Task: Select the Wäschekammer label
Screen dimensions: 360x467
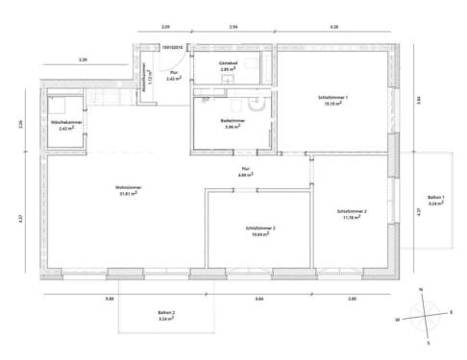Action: [x=65, y=122]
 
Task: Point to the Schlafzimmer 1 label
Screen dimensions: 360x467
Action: [x=333, y=98]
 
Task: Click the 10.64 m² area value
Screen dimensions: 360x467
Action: [x=260, y=234]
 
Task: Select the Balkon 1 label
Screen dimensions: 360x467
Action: [x=435, y=198]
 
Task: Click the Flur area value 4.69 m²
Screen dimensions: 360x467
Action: [x=246, y=176]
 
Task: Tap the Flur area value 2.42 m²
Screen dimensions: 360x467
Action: [x=173, y=79]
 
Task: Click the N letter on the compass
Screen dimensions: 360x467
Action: [x=420, y=289]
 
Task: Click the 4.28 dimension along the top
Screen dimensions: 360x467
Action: [x=333, y=27]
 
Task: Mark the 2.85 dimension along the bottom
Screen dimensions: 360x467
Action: [x=352, y=300]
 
